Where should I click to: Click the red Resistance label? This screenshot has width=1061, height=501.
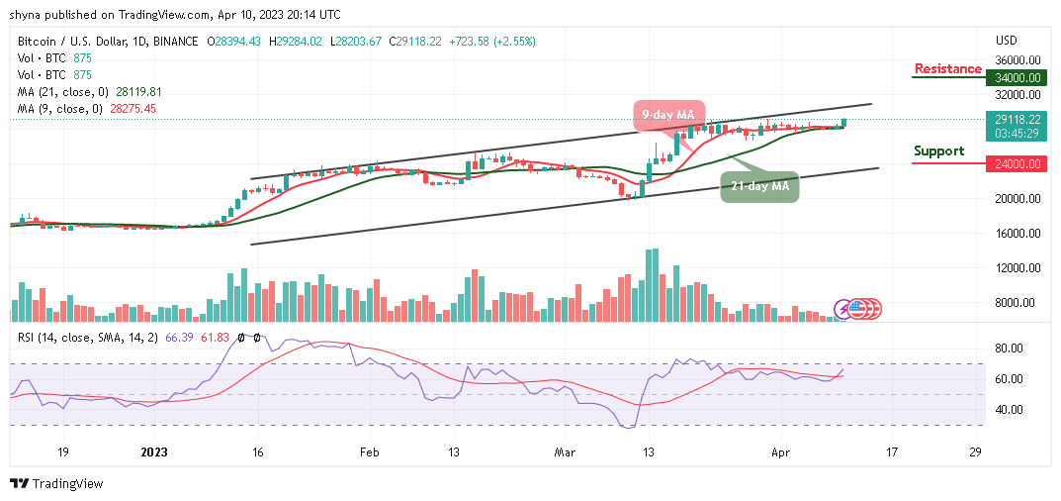(947, 69)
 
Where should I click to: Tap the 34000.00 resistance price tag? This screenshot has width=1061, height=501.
(1018, 77)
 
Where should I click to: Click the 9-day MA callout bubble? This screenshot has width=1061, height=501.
(669, 115)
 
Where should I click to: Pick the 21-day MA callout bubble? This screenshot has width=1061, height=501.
(759, 185)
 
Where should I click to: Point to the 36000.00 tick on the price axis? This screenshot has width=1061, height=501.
(1017, 59)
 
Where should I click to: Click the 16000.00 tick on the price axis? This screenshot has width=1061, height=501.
(1017, 234)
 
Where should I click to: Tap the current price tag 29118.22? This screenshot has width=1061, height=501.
(1018, 118)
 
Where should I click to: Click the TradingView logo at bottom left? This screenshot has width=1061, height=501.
(56, 484)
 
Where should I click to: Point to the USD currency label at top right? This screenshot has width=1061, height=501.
(1007, 41)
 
